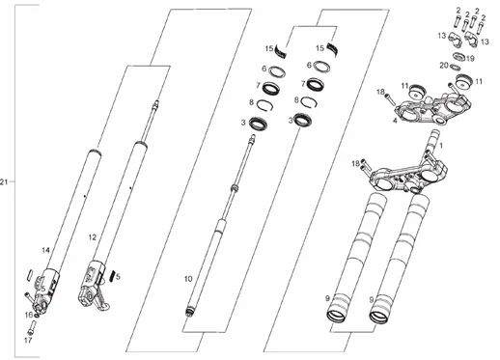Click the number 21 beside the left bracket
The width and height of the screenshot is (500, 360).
point(4,182)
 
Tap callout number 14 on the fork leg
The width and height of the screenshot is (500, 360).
point(45,250)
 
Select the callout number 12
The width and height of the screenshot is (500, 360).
point(93,237)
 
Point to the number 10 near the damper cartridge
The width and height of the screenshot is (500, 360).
point(188,279)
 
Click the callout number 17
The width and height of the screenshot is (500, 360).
point(28,340)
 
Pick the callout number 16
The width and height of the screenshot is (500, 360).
point(29,315)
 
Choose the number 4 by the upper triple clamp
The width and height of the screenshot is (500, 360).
point(395,121)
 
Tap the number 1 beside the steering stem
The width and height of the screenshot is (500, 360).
point(441,146)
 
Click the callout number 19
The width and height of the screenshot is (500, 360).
point(470,59)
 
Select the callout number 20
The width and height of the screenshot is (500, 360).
point(444,66)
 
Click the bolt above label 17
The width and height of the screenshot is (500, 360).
point(31,327)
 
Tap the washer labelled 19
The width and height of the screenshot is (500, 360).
point(458,57)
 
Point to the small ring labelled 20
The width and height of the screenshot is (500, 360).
point(454,67)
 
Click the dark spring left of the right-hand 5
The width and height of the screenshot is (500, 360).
point(112,276)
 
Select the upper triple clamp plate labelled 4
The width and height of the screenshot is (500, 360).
point(432,109)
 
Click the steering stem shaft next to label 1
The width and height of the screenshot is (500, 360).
point(432,143)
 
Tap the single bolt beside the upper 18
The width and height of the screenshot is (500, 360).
point(391,99)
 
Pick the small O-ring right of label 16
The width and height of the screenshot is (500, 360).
point(37,316)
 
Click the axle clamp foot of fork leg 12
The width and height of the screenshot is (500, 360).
point(95,298)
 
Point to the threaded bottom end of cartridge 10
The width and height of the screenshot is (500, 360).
point(190,312)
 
